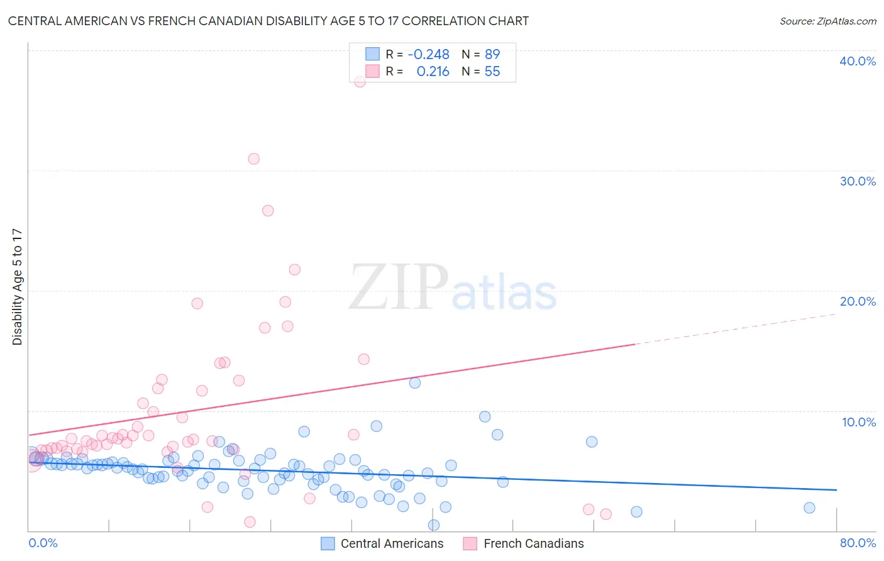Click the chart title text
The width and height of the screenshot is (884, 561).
pos(268,21)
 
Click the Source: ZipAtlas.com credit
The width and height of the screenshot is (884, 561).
pos(827,21)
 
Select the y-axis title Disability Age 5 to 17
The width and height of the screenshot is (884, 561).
pos(18,287)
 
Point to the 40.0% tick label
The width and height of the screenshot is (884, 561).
pos(858,61)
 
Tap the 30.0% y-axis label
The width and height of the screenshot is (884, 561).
pos(858,181)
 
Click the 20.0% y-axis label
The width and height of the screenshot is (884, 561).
pos(858,301)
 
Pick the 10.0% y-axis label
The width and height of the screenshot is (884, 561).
pos(858,422)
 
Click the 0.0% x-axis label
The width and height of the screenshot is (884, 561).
pos(43,543)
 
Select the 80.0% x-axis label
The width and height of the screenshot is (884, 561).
pos(858,543)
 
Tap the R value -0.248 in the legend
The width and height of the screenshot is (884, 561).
pos(428,55)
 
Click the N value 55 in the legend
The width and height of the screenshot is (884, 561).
pos(492,72)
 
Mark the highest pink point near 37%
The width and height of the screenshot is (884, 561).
pos(360,82)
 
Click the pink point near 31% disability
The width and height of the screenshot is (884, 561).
pos(253,158)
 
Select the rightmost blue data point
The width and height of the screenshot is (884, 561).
pos(809,508)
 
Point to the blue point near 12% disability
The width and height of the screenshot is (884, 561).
pos(415,382)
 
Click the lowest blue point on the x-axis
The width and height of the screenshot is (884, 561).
pos(434,525)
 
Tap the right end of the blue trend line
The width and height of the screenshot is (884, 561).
pos(836,489)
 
